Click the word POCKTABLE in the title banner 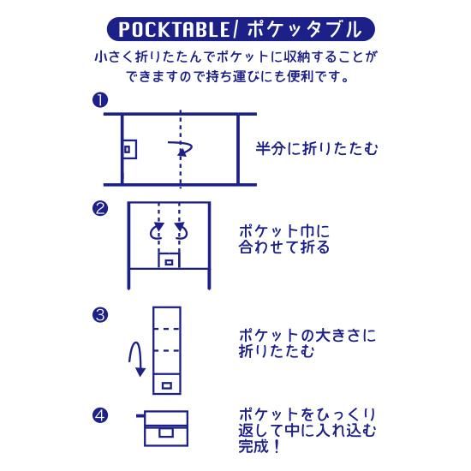coord(174,29)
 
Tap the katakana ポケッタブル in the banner coord(304,29)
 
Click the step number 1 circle coord(100,99)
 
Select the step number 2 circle coord(100,208)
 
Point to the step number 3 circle coord(100,315)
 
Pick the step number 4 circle coord(100,415)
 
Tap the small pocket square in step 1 coord(130,149)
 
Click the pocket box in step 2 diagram coord(169,260)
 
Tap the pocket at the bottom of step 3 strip coord(167,384)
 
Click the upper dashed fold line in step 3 coord(167,329)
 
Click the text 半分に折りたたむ coord(317,148)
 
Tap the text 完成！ coord(259,446)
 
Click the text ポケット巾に coord(284,231)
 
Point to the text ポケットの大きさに coord(307,335)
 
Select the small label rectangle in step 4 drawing coord(166,432)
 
